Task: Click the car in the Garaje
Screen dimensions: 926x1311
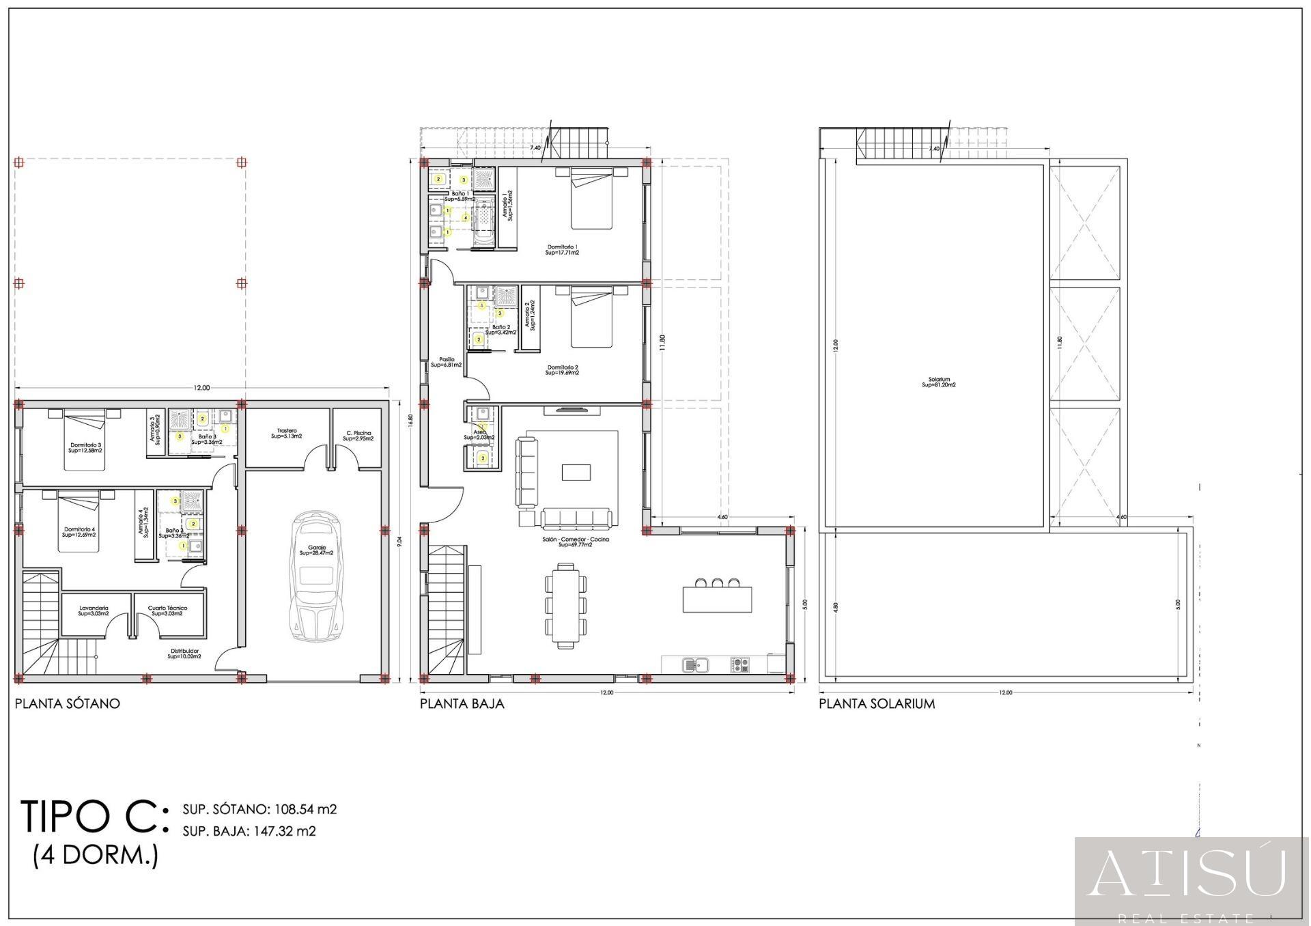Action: click(x=317, y=577)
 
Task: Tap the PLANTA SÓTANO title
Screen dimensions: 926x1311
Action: click(x=68, y=703)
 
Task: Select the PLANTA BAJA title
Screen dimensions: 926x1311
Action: click(x=462, y=703)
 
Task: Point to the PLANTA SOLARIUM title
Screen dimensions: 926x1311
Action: click(x=877, y=703)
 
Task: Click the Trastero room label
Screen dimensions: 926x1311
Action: click(x=287, y=434)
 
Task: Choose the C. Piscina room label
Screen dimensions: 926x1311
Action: click(x=358, y=436)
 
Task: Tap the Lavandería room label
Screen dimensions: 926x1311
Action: click(x=94, y=611)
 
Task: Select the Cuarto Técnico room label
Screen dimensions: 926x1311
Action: click(x=167, y=611)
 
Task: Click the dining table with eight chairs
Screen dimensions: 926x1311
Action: click(x=565, y=605)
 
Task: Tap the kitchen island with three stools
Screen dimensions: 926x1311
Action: click(x=718, y=598)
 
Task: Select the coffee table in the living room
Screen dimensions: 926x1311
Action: click(x=576, y=473)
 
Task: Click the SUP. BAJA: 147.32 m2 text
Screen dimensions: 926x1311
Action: click(x=249, y=831)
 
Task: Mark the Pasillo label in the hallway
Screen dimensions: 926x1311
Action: click(x=447, y=362)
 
